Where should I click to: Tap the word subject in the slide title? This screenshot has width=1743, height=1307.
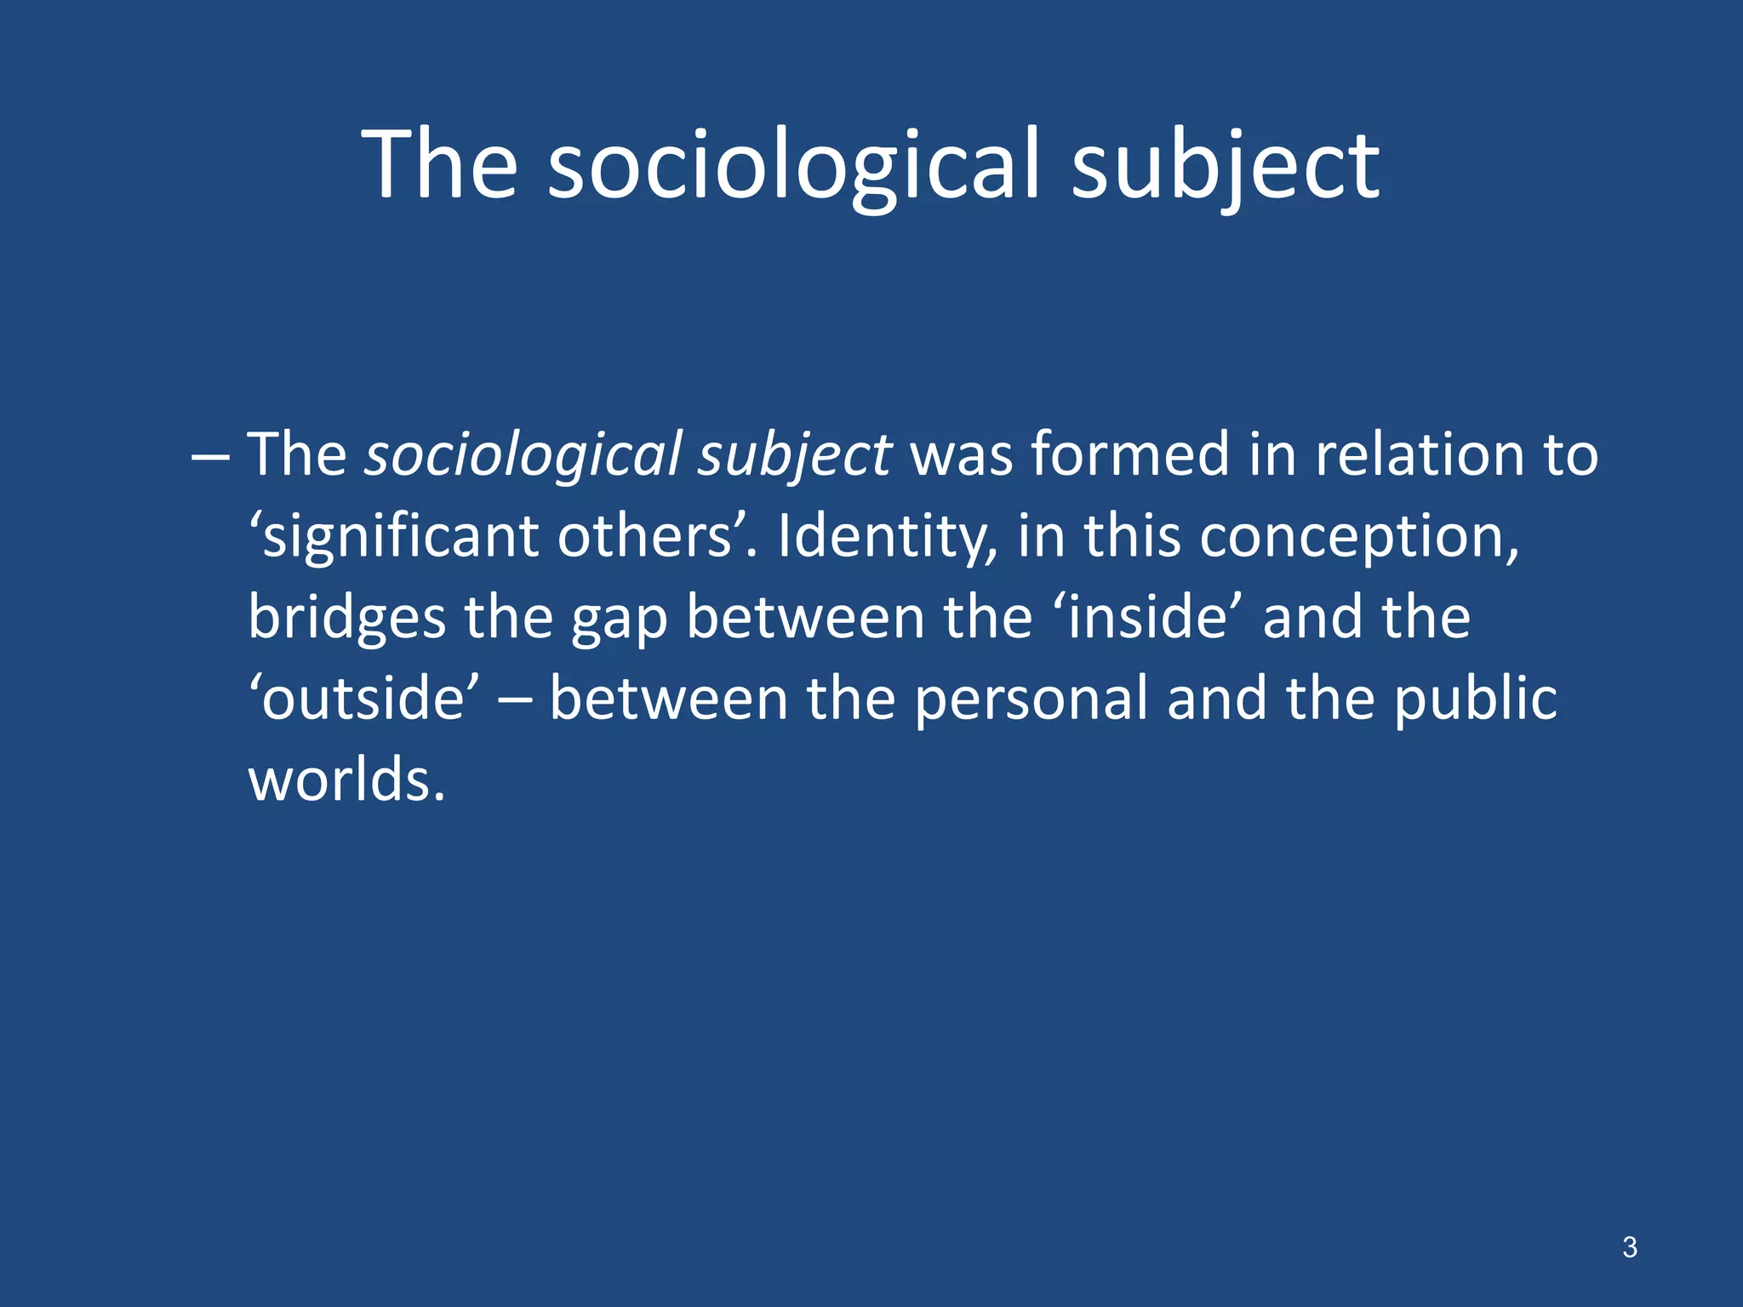(x=1226, y=165)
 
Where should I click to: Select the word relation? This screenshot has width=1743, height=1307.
(x=1412, y=454)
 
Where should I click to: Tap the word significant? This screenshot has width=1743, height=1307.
(x=400, y=536)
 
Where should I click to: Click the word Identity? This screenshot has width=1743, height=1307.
(x=885, y=536)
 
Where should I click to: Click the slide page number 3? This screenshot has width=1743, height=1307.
(x=1629, y=1247)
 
